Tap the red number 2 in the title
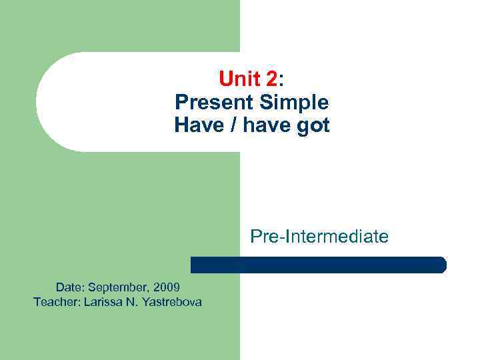(271, 81)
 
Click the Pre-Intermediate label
(319, 236)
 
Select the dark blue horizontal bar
(318, 265)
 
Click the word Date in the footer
(69, 287)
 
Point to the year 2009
(166, 287)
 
